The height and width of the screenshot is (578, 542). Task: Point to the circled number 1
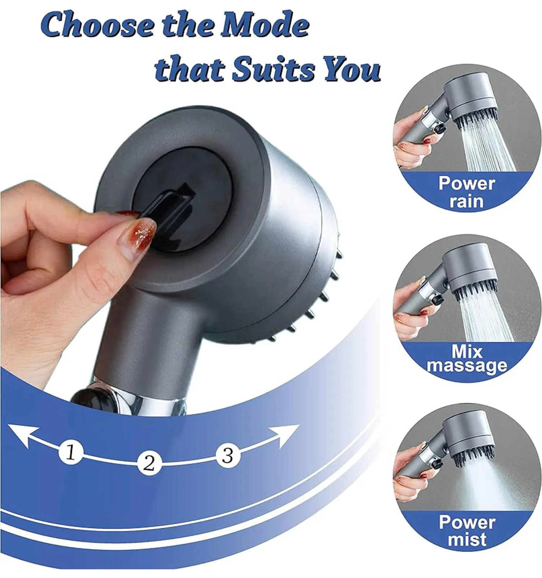[x=71, y=452]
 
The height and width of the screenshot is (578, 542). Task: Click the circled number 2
[x=149, y=463]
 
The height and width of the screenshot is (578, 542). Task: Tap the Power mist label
[x=467, y=531]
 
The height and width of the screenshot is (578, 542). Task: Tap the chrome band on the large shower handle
[x=137, y=397]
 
